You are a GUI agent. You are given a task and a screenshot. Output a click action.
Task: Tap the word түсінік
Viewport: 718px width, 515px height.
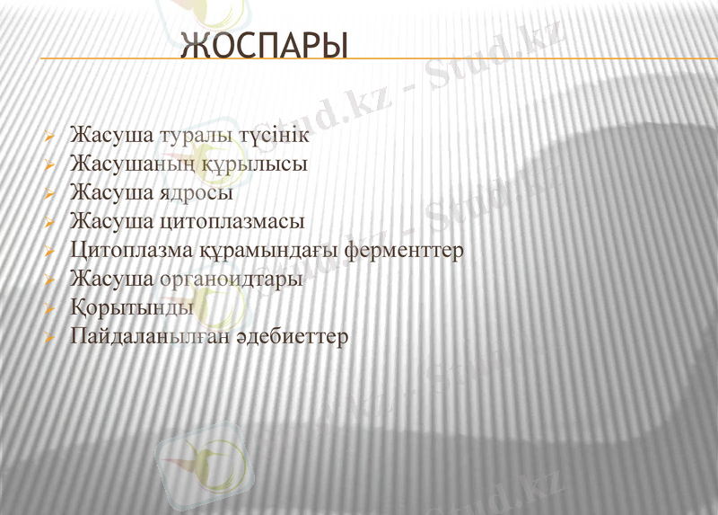pyautogui.click(x=274, y=137)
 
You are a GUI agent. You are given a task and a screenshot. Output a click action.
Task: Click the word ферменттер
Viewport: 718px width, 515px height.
pyautogui.click(x=407, y=250)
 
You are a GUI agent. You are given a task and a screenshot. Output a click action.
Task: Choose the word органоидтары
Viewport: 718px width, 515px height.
pyautogui.click(x=231, y=279)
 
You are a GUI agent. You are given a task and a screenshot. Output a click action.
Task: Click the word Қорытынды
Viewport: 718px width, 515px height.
pyautogui.click(x=131, y=308)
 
